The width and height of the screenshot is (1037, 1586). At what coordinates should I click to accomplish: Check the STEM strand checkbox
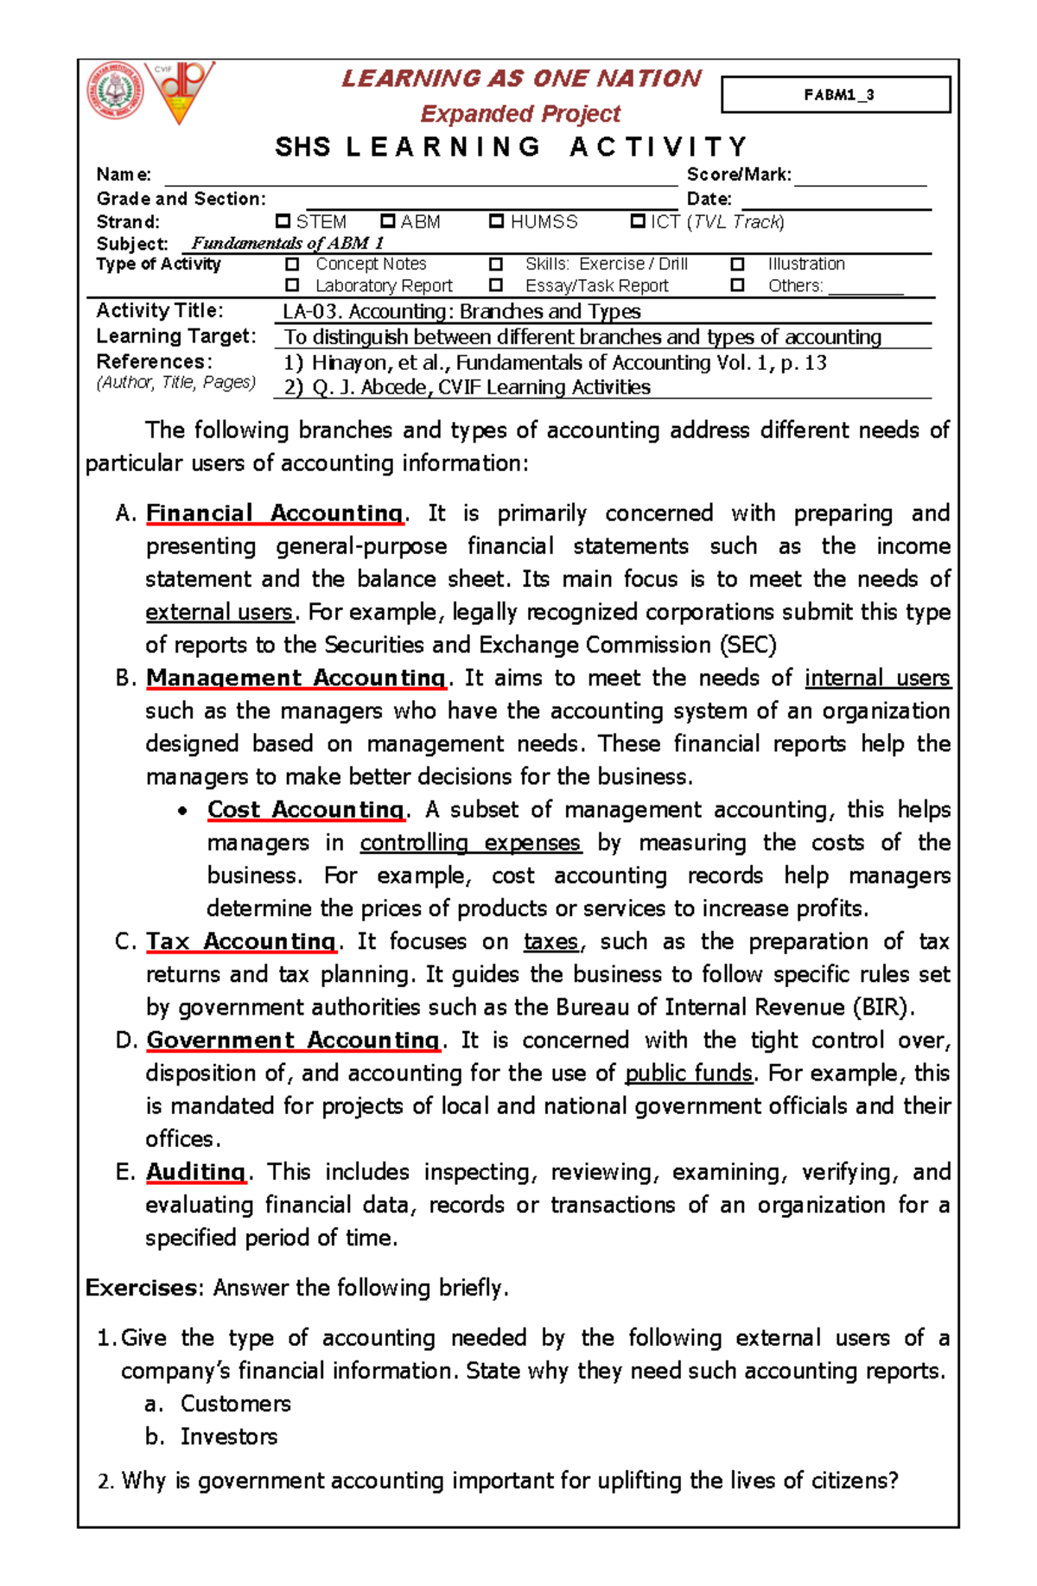pos(283,221)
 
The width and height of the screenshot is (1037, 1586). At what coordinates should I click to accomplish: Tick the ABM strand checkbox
pos(388,221)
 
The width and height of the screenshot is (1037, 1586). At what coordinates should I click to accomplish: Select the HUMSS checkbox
pos(496,221)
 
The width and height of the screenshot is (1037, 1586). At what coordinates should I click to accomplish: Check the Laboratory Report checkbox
pos(292,284)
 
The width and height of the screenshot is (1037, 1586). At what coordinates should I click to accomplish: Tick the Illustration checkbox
pos(737,264)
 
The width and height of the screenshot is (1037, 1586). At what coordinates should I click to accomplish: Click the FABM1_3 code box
pos(836,95)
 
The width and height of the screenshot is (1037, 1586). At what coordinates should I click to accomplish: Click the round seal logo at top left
pos(115,92)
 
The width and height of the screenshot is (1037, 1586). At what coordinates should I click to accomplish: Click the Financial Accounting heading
pos(274,513)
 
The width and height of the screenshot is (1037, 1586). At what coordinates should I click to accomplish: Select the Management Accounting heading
pos(296,678)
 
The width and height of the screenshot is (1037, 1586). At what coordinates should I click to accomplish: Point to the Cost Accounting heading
pos(305,810)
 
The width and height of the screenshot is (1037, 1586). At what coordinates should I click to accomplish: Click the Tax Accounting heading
pos(240,941)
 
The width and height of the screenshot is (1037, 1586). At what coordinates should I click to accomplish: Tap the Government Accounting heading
pos(293,1040)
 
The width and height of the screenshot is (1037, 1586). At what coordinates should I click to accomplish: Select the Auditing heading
pos(196,1172)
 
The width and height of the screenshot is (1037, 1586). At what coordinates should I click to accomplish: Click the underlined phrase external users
pos(219,612)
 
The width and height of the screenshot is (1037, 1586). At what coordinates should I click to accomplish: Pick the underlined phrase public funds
pos(689,1073)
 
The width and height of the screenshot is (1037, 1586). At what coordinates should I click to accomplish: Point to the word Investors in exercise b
pos(229,1436)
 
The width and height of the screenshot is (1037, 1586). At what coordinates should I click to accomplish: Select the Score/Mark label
pos(739,175)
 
